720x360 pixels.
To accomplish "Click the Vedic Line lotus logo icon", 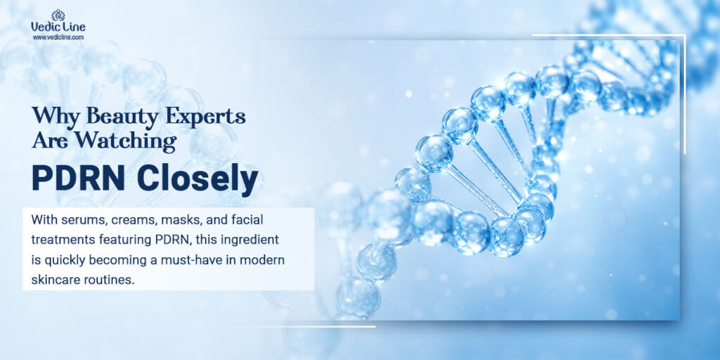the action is tap(58, 15).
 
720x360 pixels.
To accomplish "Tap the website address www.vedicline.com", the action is tap(58, 38).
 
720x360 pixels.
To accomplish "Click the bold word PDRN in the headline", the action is tap(79, 179).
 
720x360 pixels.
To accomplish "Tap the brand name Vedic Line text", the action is tap(58, 27).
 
